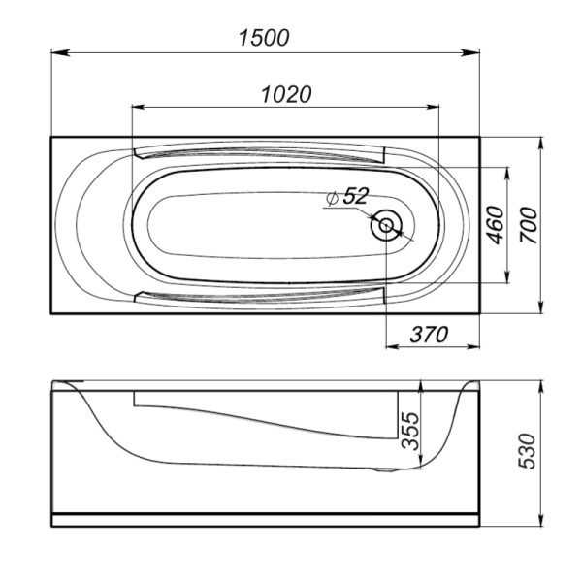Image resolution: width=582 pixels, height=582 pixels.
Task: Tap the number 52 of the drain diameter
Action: [x=356, y=196]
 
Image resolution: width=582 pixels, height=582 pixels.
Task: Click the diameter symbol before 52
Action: [x=334, y=197]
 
